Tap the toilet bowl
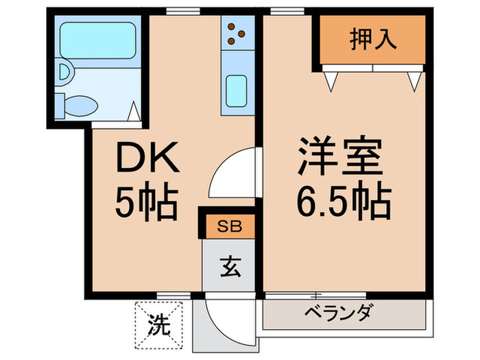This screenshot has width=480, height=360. pos(80,105)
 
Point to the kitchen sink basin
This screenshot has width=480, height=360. pos(237,89)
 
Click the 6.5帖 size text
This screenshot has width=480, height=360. pos(343,202)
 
